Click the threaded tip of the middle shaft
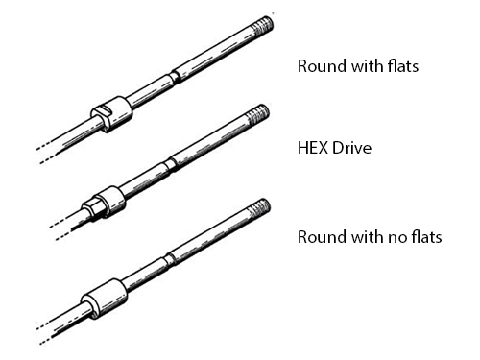tap(257, 114)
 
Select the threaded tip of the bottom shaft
tap(258, 209)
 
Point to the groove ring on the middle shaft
tap(169, 163)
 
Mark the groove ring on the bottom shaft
tap(169, 257)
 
